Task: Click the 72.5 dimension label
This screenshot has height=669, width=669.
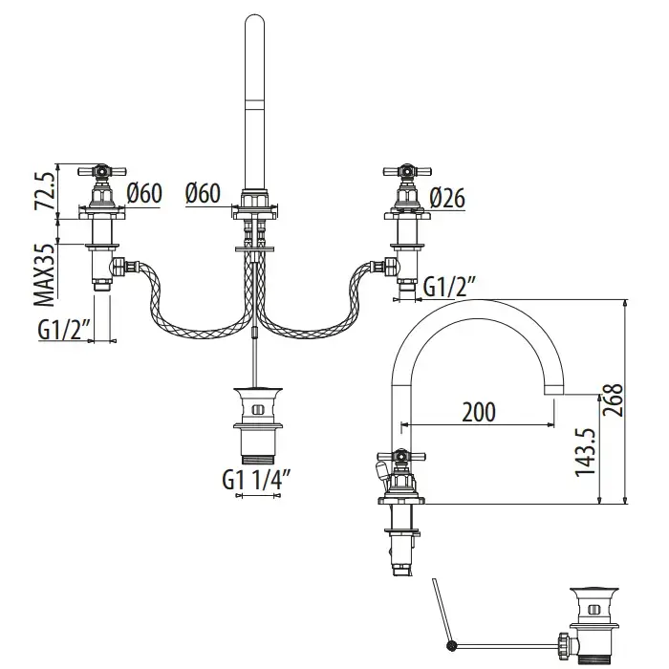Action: (41, 190)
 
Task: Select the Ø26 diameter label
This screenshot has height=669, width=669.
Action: (448, 196)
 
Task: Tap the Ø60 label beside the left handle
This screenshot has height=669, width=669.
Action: (143, 193)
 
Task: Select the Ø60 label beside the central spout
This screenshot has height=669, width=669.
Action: (204, 193)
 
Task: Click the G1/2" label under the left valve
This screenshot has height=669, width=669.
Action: (64, 330)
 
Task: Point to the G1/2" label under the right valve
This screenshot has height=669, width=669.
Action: (449, 286)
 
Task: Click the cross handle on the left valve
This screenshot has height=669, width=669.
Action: (102, 173)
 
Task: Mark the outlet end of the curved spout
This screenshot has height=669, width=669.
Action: (555, 391)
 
